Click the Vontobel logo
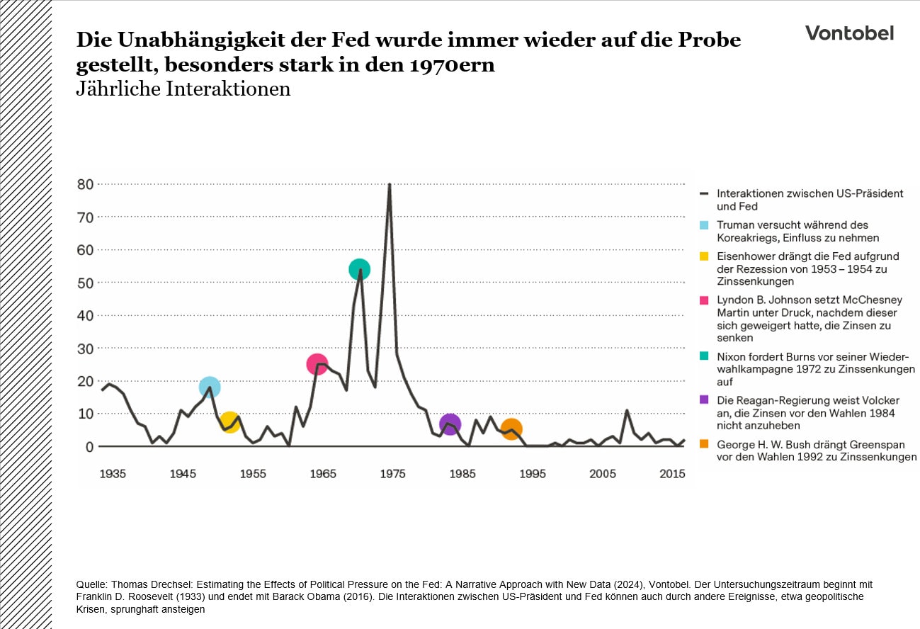849,33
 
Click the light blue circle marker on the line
210,387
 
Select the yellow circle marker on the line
229,422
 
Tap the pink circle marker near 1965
317,364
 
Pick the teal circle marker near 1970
360,269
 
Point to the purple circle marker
450,424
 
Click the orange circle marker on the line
511,429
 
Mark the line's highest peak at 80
389,185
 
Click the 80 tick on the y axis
85,184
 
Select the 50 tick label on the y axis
85,283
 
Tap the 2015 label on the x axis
672,473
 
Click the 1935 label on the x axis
113,473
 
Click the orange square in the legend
704,445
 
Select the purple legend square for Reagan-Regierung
704,399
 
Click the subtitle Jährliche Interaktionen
183,89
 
